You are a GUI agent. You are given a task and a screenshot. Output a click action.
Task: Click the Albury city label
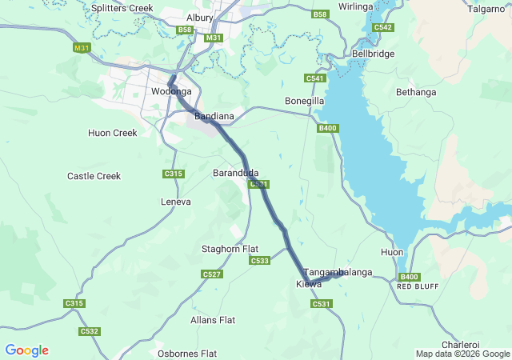[x=199, y=18]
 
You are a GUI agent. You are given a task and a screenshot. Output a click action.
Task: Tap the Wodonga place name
[x=168, y=92]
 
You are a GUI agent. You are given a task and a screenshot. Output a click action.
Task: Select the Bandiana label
[x=214, y=117]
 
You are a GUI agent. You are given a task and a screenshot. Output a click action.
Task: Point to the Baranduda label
[x=235, y=173]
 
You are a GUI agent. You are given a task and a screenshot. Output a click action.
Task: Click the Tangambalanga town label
[x=338, y=273]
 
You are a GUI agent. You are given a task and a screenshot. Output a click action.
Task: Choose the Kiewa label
[x=309, y=284]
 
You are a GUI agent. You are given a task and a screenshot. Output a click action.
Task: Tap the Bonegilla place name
[x=304, y=102]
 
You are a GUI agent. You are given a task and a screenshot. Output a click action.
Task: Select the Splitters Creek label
[x=122, y=8]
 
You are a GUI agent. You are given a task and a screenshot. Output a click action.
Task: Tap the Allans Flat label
[x=213, y=320]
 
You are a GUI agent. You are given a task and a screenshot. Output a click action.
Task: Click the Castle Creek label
[x=94, y=176]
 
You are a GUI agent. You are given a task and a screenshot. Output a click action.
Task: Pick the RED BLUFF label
[x=415, y=286]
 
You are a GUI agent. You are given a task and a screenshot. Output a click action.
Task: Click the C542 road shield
[x=382, y=27]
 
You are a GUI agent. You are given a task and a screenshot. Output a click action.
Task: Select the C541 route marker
[x=314, y=78]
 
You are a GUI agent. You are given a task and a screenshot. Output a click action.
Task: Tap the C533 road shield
[x=259, y=261]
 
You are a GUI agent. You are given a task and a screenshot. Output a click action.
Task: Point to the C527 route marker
[x=212, y=274]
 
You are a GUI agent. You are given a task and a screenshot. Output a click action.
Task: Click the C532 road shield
[x=89, y=331]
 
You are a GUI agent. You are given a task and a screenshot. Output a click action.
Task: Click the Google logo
[x=26, y=350]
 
